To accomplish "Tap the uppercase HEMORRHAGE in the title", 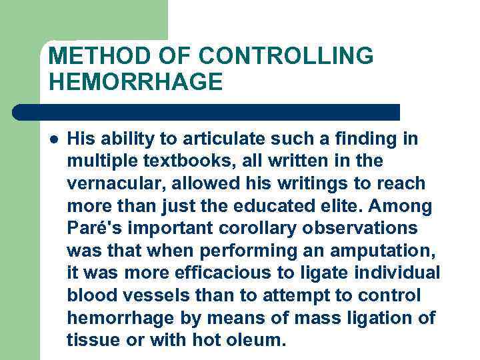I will pos(135,82).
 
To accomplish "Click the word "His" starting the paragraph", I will pos(82,139).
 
